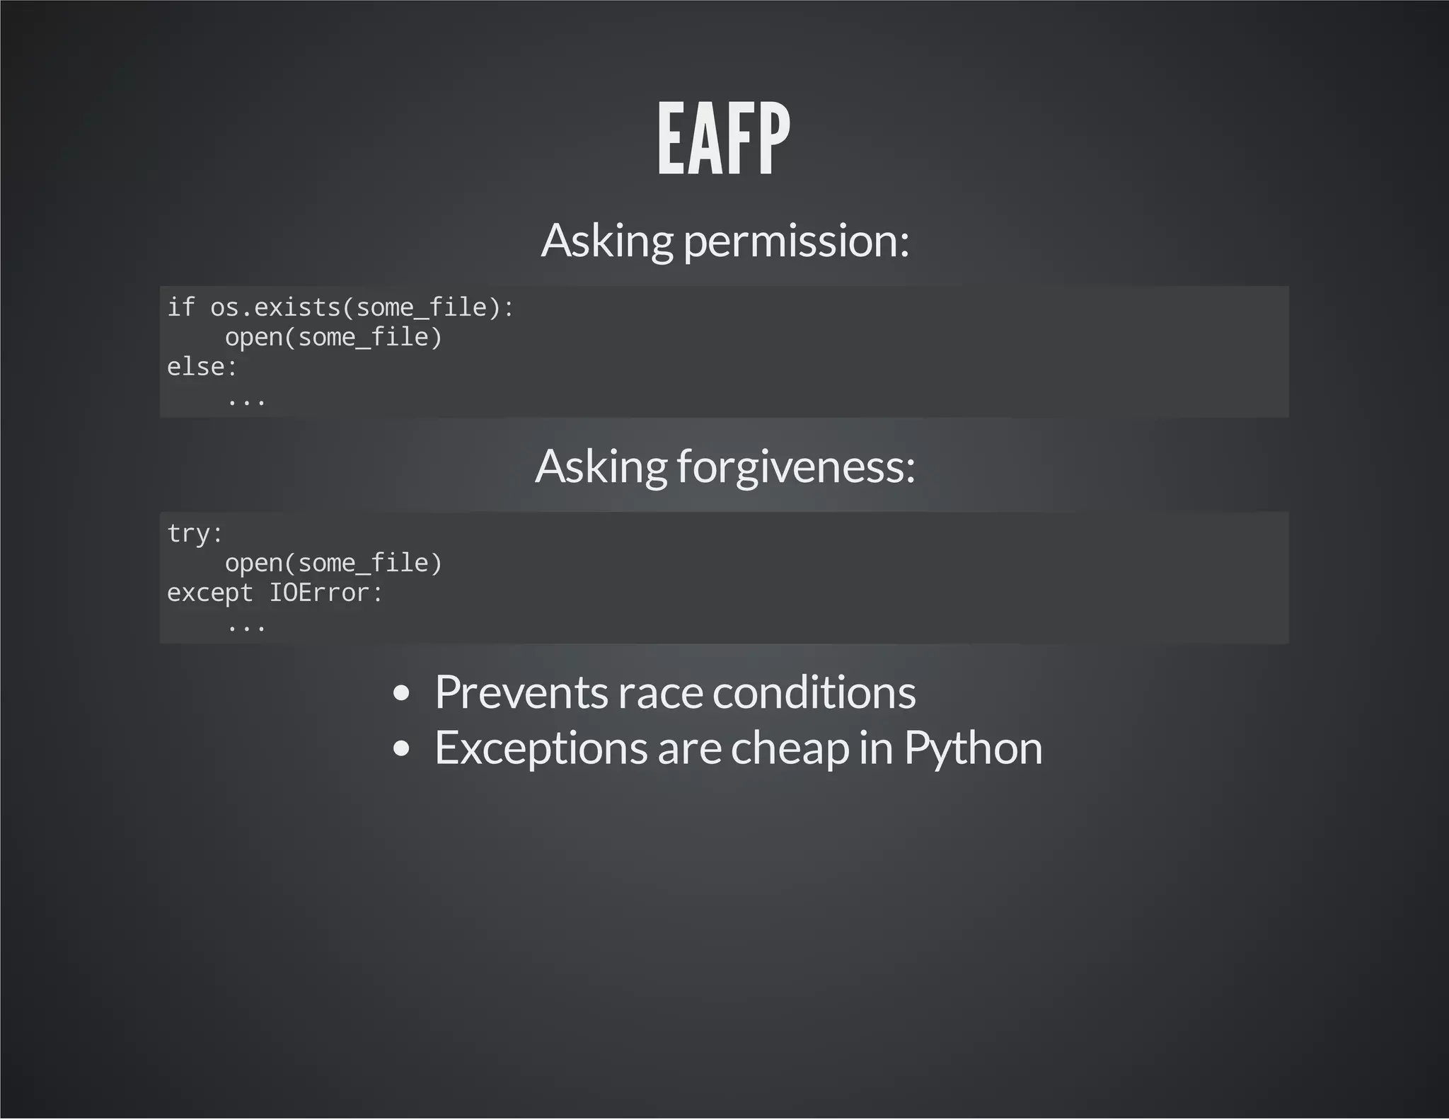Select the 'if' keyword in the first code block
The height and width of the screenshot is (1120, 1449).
pyautogui.click(x=180, y=307)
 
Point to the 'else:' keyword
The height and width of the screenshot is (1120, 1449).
pyautogui.click(x=202, y=367)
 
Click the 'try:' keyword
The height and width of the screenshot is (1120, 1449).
pyautogui.click(x=195, y=533)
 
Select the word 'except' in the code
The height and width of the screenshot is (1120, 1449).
pyautogui.click(x=209, y=593)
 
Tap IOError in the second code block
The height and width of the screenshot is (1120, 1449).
pyautogui.click(x=325, y=593)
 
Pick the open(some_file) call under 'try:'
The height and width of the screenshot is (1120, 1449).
pyautogui.click(x=333, y=563)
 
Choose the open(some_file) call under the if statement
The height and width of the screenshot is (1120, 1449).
pyautogui.click(x=333, y=337)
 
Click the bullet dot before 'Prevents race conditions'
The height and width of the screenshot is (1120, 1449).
pyautogui.click(x=401, y=693)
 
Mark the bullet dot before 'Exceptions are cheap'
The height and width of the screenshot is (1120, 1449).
pyautogui.click(x=401, y=748)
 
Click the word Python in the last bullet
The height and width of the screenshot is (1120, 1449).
pyautogui.click(x=973, y=748)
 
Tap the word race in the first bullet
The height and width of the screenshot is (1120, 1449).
pyautogui.click(x=660, y=693)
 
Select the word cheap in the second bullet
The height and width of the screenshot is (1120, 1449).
pyautogui.click(x=790, y=748)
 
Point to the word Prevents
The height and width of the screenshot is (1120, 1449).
pyautogui.click(x=521, y=692)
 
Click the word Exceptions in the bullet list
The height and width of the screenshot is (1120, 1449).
pyautogui.click(x=541, y=748)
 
